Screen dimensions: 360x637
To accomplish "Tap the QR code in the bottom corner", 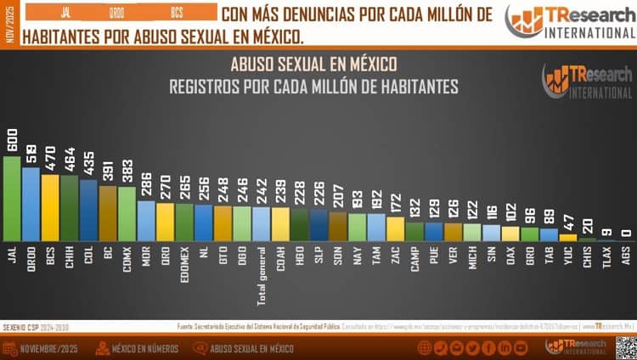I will [x=625, y=347].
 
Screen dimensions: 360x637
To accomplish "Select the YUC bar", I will [x=567, y=238].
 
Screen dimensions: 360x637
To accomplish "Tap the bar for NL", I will [x=203, y=223].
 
